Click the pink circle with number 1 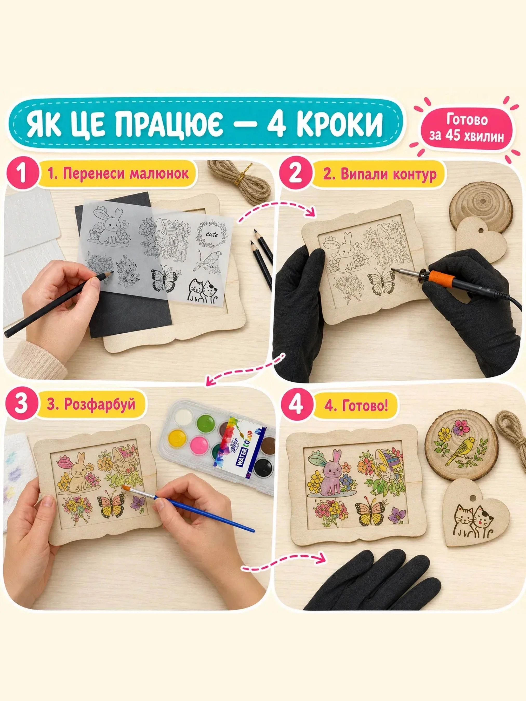[x=21, y=174]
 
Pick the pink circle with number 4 [x=296, y=405]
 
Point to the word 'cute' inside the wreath [x=211, y=234]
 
